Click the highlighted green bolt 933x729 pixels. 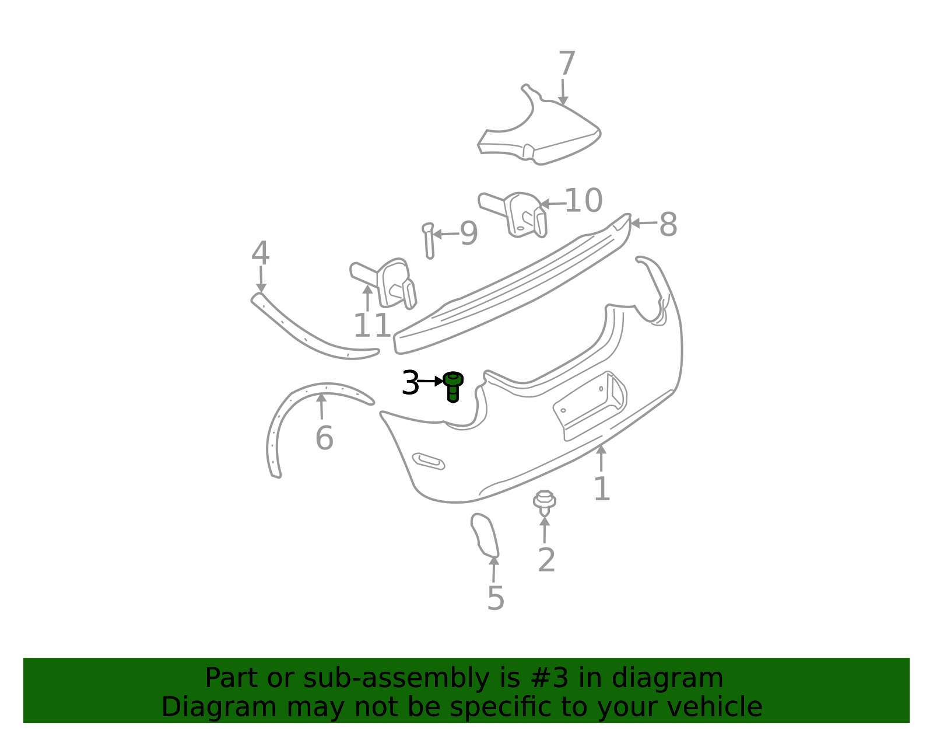tap(453, 387)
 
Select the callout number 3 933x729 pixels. tap(411, 383)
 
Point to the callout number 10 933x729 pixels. tap(583, 201)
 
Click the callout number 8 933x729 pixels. tap(668, 225)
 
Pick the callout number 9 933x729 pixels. tap(469, 233)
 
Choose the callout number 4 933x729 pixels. tap(260, 254)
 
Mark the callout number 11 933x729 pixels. tap(372, 326)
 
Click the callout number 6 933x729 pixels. tap(324, 438)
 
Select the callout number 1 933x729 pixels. tap(602, 489)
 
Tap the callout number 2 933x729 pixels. tap(546, 560)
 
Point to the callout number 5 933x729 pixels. tap(495, 599)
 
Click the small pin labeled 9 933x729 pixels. tap(429, 241)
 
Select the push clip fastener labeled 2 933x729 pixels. tap(544, 501)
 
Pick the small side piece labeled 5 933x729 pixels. tap(485, 534)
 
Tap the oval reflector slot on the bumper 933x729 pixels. tap(429, 461)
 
